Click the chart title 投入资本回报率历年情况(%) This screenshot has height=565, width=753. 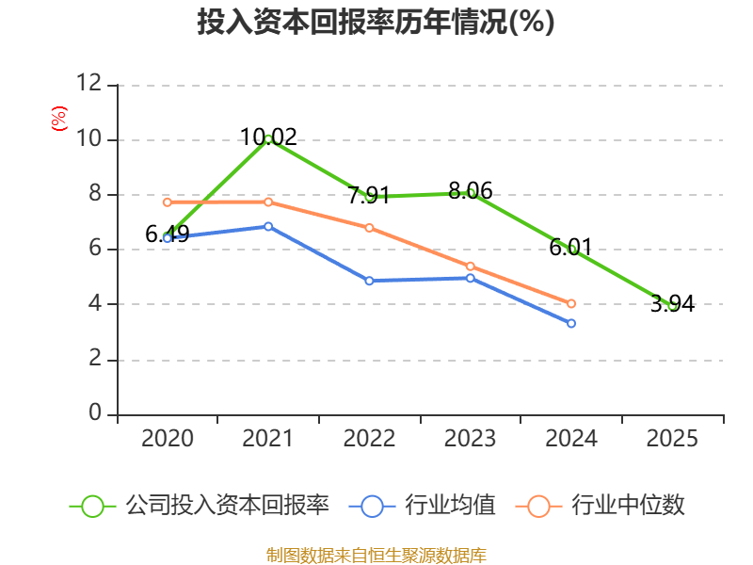click(376, 23)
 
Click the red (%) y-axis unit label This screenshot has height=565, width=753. click(59, 120)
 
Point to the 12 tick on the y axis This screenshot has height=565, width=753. click(88, 84)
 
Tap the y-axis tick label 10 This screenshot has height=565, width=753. click(88, 139)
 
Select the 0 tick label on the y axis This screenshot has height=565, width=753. click(95, 413)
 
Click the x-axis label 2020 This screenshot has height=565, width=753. click(167, 439)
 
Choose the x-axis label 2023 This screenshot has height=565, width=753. click(470, 439)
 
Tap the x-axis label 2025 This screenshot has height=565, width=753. click(672, 439)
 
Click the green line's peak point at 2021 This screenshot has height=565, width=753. click(268, 138)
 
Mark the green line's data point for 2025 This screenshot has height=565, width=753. click(672, 305)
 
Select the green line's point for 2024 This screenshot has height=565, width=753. click(571, 249)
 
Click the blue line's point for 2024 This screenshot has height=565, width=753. click(571, 323)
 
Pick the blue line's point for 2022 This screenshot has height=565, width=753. click(369, 281)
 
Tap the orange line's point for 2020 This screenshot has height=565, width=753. click(167, 202)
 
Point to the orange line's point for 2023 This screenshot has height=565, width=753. click(471, 266)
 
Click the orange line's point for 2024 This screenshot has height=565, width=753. click(571, 303)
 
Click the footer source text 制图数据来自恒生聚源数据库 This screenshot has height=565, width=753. click(376, 555)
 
